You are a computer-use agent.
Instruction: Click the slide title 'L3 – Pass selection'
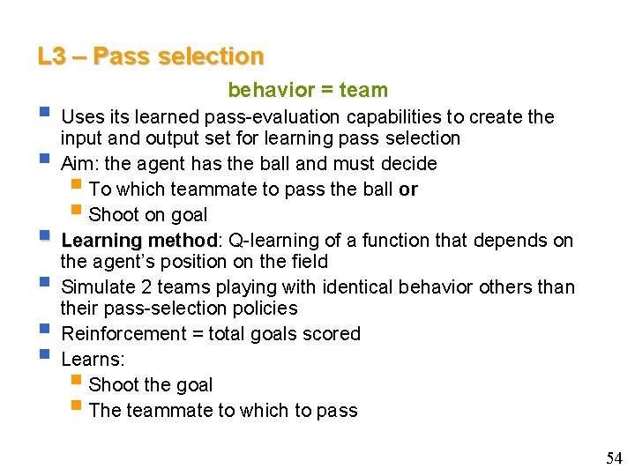(150, 56)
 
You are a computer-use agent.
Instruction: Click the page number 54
(614, 457)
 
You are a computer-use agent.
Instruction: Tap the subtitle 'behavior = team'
(308, 90)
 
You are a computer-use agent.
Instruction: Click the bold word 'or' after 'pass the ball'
(407, 189)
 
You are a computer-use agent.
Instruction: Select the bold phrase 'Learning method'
(138, 241)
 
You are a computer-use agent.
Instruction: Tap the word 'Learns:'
(93, 359)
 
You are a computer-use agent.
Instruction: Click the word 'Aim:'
(81, 163)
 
